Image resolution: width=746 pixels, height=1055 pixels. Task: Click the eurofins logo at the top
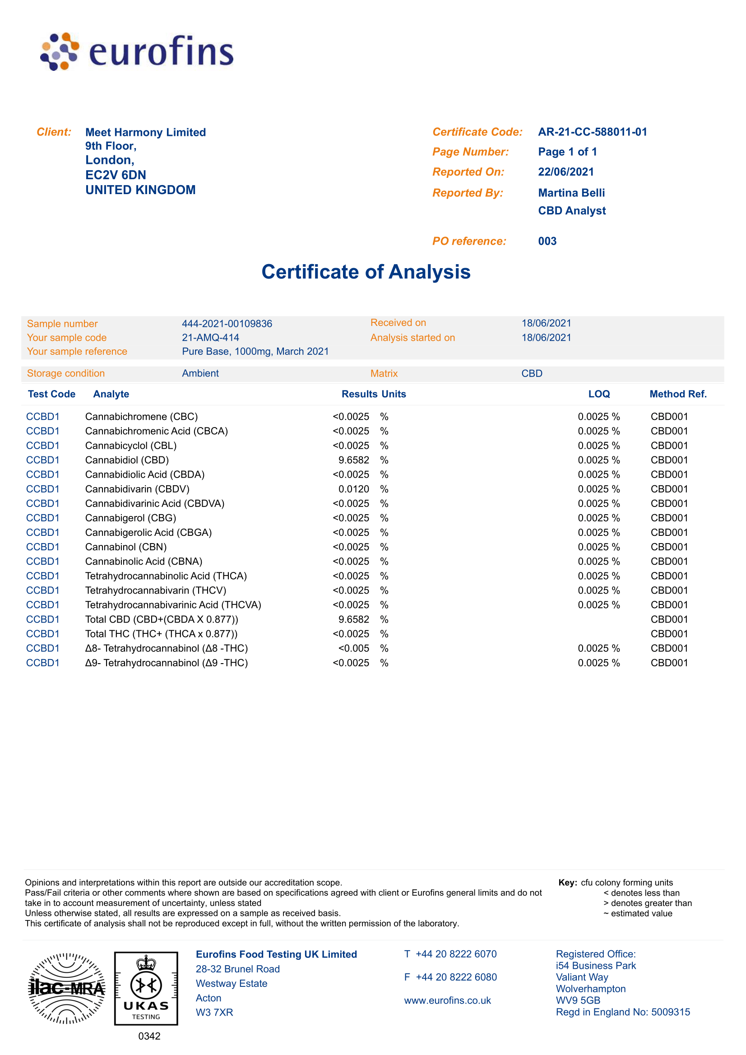click(137, 51)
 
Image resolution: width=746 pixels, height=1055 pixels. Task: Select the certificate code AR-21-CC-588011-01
click(592, 132)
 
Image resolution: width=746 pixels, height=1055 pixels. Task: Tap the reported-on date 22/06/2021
click(565, 172)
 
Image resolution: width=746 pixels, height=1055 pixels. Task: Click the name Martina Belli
click(571, 193)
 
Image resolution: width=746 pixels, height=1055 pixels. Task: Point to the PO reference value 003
click(547, 241)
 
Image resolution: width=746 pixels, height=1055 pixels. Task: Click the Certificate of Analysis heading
click(366, 272)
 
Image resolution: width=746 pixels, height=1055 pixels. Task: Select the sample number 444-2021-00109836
click(227, 324)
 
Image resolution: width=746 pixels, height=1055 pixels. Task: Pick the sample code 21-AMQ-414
click(210, 338)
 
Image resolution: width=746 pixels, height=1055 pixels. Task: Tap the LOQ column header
click(598, 394)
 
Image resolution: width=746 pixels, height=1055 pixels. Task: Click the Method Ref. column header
click(677, 394)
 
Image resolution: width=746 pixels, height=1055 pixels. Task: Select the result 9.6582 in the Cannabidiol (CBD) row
click(353, 460)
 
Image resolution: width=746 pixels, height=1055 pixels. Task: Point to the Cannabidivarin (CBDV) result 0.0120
click(353, 489)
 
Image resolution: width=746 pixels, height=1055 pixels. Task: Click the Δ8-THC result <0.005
click(353, 648)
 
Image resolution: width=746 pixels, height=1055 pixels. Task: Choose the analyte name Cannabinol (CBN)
click(126, 547)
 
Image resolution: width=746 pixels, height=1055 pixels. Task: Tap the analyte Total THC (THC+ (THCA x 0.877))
click(161, 634)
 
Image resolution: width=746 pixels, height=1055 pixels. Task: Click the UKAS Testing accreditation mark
click(146, 988)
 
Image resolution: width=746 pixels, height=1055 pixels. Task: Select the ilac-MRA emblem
click(67, 988)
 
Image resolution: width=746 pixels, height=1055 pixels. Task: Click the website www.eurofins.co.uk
click(447, 1000)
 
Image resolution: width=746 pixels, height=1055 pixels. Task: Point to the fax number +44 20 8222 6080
click(456, 977)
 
